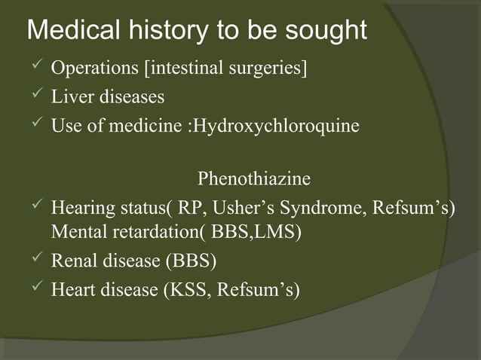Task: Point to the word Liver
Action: click(69, 97)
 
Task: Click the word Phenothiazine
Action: click(253, 179)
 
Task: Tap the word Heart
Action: click(73, 289)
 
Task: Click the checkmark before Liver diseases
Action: click(33, 96)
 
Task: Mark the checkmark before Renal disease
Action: click(33, 261)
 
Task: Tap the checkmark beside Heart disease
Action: click(33, 288)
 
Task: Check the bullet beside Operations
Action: click(33, 69)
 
